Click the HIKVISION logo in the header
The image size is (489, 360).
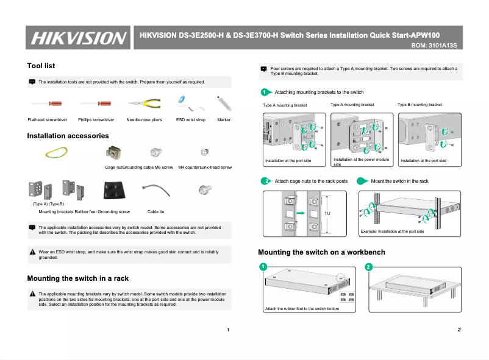coord(77,38)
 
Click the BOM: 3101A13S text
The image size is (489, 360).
coord(434,46)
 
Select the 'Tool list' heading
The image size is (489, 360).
coord(41,66)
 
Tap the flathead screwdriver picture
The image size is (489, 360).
coord(47,103)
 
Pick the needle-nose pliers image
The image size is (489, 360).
coord(144,103)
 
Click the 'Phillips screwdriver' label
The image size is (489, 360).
coord(95,120)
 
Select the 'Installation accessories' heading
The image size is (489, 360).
coord(68,136)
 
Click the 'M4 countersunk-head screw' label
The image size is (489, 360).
coord(205,167)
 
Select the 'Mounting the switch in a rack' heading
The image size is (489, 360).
coord(77,278)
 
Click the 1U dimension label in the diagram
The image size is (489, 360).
coord(327,214)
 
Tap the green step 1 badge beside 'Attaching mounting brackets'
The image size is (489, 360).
coord(264,92)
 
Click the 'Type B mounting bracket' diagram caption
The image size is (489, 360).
coord(419,105)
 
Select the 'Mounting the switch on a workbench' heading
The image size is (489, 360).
coord(321,252)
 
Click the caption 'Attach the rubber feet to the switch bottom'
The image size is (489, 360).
coord(302,309)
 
